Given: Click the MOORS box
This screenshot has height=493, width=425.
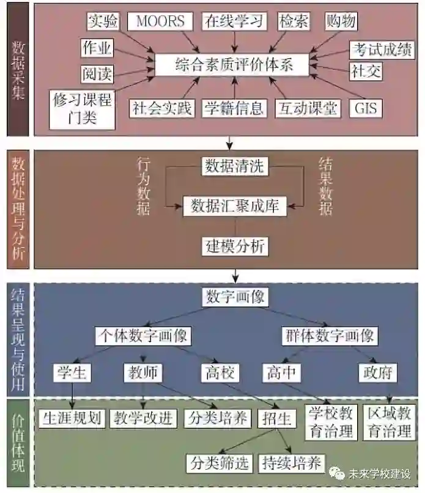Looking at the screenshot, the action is tap(160, 21).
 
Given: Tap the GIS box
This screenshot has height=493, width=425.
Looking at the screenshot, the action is tap(365, 108).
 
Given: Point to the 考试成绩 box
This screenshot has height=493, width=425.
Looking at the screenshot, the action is tap(382, 50).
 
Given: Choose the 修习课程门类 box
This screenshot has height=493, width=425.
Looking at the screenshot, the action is tap(83, 108).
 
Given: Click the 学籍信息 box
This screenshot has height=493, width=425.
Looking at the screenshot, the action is tap(234, 108).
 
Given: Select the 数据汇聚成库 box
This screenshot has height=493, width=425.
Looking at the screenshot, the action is tap(235, 206).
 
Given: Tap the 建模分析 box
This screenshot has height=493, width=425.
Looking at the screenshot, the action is tap(235, 246).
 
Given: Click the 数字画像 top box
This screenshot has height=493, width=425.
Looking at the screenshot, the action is tap(234, 297).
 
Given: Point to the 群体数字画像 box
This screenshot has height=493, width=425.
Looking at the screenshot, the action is tap(329, 336).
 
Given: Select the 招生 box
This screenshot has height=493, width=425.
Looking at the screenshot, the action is tap(278, 418).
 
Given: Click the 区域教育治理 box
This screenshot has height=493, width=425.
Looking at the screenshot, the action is tap(389, 421).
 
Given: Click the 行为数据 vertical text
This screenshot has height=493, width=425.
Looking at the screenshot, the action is tap(143, 186).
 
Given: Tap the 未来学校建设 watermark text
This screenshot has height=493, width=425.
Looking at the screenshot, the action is tap(379, 473).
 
